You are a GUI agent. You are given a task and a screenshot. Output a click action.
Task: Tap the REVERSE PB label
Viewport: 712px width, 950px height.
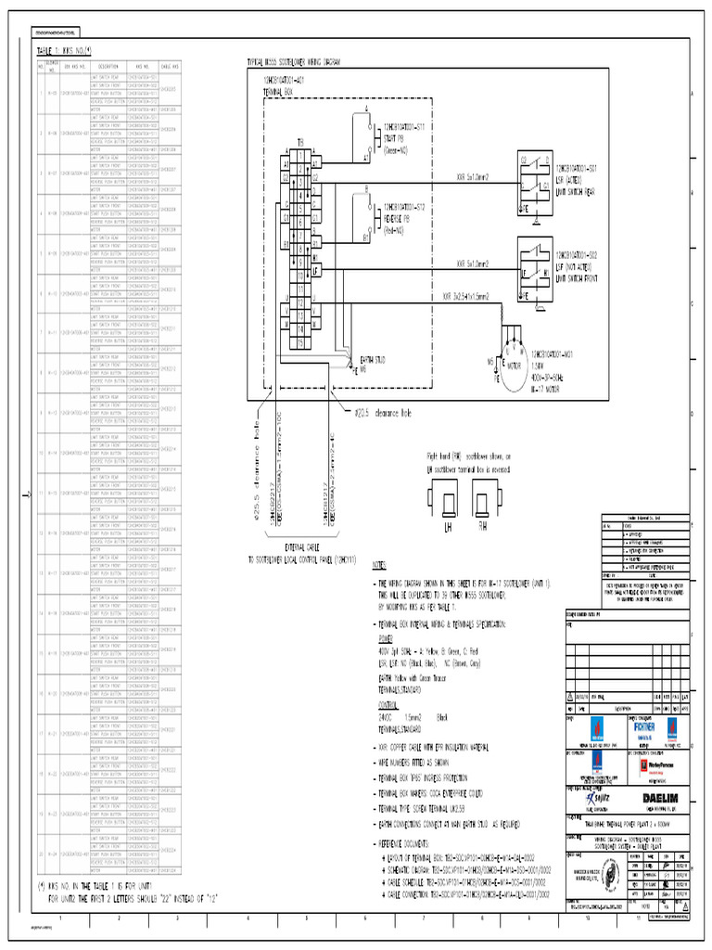click(x=400, y=212)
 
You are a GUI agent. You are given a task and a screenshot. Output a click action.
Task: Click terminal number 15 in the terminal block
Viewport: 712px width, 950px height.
click(x=301, y=341)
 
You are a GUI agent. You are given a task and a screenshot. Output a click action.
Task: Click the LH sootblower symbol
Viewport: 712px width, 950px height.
click(x=447, y=506)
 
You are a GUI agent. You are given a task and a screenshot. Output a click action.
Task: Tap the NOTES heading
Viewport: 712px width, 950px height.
click(x=382, y=563)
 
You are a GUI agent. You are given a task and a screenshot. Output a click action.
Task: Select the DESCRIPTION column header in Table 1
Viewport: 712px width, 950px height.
click(x=110, y=66)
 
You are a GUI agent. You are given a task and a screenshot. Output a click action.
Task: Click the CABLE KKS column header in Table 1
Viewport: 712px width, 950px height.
click(x=169, y=66)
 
